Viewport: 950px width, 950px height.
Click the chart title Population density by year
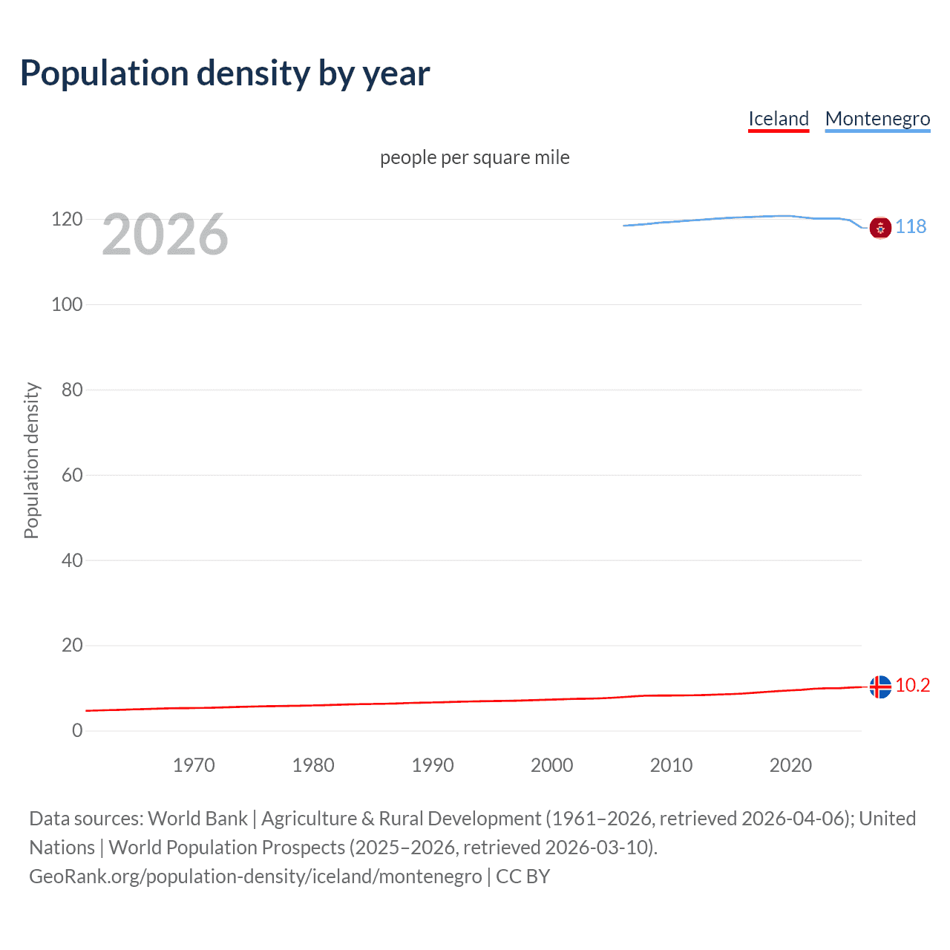click(225, 73)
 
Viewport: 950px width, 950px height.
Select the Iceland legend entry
click(778, 119)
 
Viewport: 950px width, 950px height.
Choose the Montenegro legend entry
click(877, 119)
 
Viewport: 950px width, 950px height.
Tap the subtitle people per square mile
click(474, 157)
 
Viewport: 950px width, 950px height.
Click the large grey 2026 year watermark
click(165, 235)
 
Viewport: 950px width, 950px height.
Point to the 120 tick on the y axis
click(67, 219)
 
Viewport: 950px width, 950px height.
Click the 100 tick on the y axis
click(67, 304)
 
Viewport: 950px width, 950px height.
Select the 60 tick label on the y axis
click(72, 475)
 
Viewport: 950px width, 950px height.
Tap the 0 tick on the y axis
click(77, 730)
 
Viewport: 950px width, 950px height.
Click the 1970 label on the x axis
click(194, 765)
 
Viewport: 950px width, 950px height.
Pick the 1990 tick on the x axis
click(433, 765)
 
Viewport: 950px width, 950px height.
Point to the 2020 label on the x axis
click(790, 765)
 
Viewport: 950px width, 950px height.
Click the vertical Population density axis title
click(31, 460)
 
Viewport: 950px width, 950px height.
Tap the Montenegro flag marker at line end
click(880, 228)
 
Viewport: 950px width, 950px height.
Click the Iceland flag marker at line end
click(880, 687)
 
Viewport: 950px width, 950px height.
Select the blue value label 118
click(911, 226)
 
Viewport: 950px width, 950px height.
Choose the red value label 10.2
click(912, 685)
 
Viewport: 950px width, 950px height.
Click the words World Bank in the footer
click(197, 819)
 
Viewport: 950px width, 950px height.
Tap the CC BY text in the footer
click(522, 877)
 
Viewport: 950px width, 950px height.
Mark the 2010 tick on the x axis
click(671, 765)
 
